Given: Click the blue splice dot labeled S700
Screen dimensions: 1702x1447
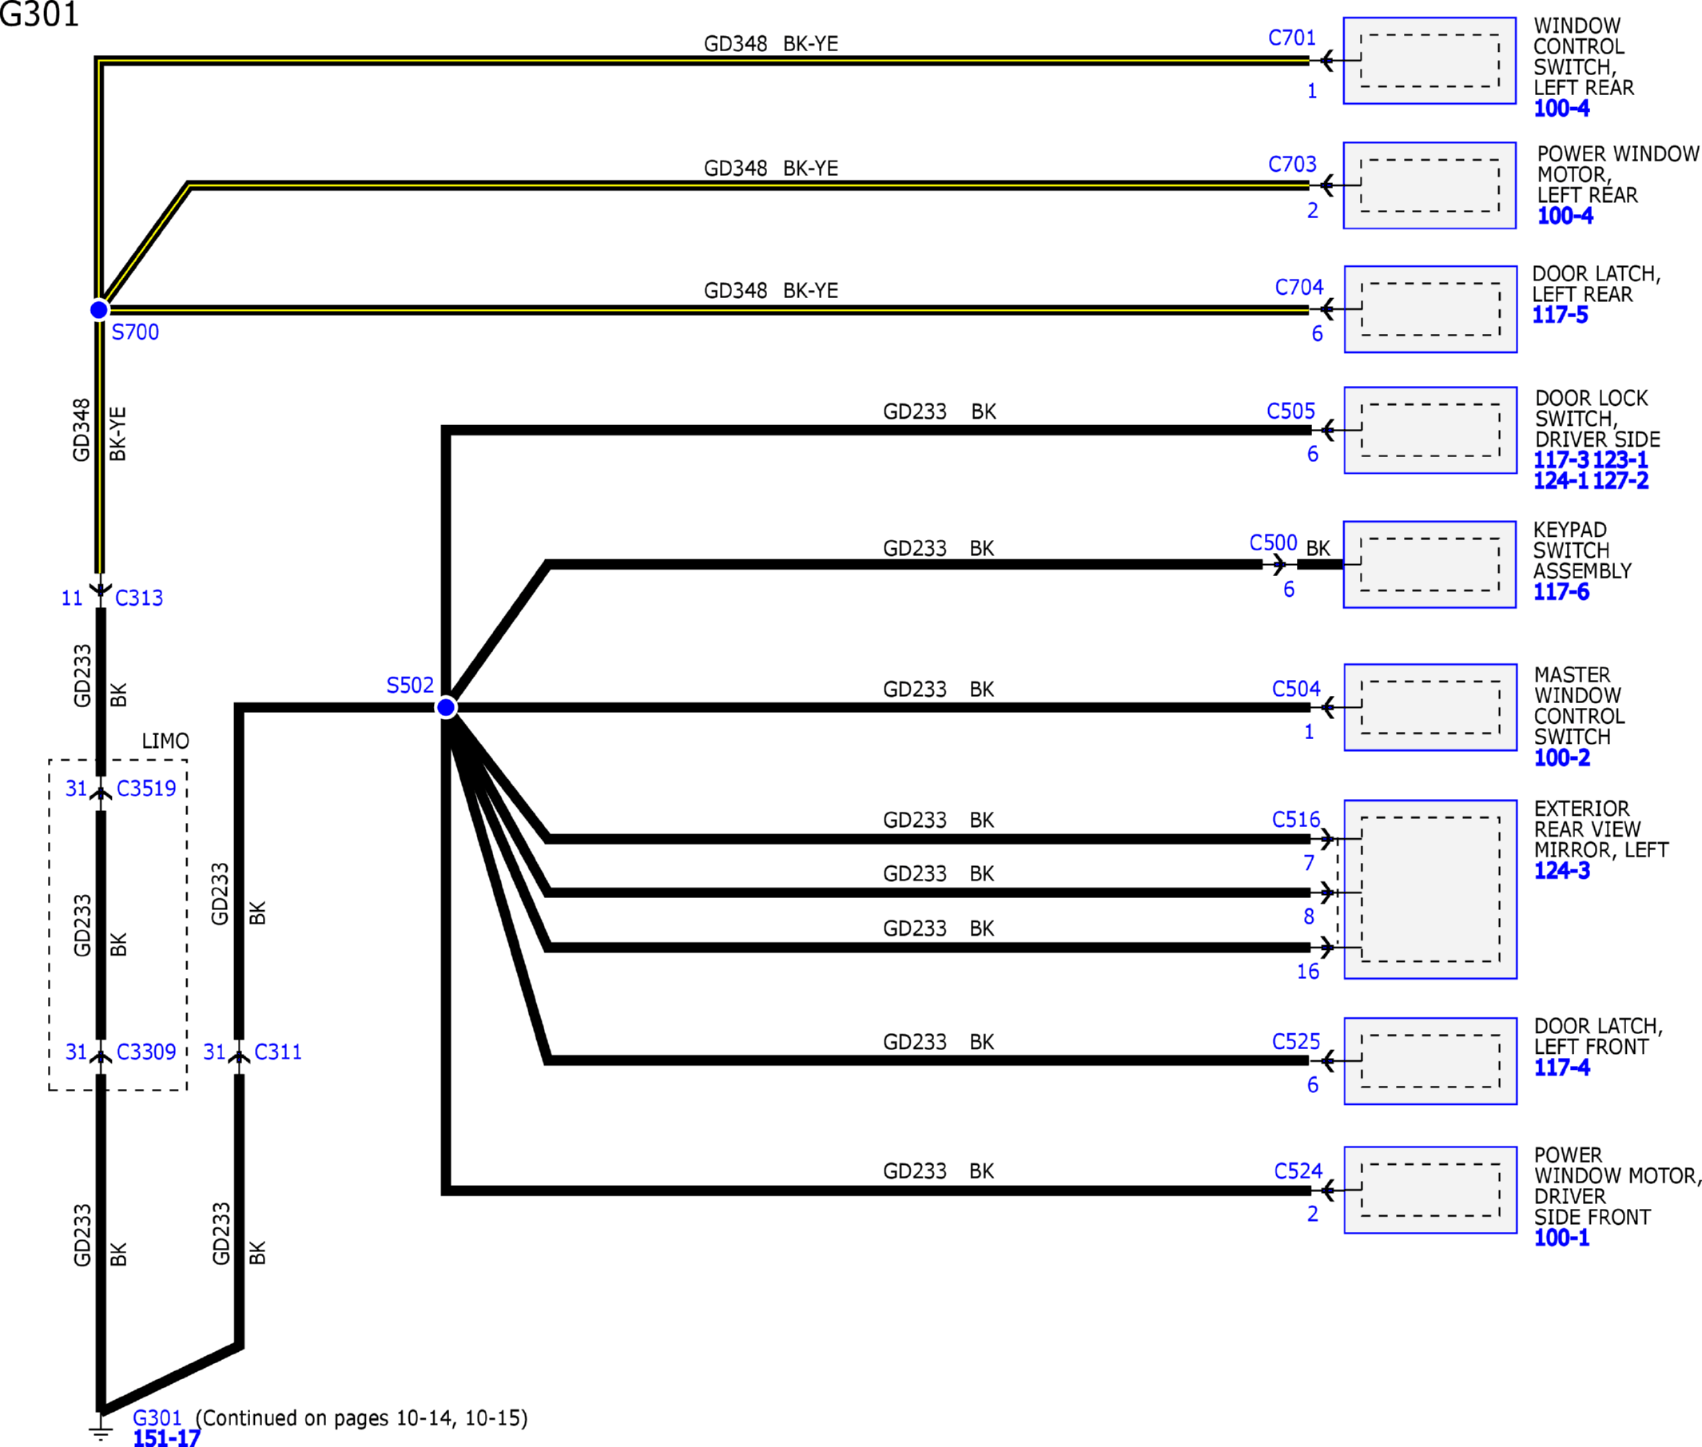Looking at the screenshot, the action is [99, 309].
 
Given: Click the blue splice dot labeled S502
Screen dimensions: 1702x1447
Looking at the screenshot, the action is [446, 707].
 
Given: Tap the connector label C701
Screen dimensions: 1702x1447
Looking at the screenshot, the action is [1292, 38].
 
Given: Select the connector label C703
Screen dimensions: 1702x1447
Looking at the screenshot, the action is [1292, 164].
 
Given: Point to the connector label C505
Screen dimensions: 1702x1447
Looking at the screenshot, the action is [1290, 411].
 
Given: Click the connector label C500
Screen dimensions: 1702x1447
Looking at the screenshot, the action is [1273, 543].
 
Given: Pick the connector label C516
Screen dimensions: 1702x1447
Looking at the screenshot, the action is [1296, 820].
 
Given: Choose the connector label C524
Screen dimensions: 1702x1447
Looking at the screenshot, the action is [1298, 1171].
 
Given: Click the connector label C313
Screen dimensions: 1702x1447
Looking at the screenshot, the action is [138, 598].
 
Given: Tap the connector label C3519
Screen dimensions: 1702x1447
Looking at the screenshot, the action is [146, 789].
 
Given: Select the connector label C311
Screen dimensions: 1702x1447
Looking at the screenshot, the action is [278, 1051].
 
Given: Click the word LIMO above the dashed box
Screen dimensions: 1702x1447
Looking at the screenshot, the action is [165, 741].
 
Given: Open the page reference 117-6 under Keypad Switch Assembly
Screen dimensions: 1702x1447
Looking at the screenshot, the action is [1561, 591].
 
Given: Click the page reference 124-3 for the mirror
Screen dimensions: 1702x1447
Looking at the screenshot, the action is [1561, 870].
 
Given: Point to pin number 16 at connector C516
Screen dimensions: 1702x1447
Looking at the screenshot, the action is [1307, 972].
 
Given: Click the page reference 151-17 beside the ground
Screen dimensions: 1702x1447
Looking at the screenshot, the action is [166, 1437].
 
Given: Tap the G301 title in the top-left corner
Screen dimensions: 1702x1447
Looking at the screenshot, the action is [39, 14].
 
